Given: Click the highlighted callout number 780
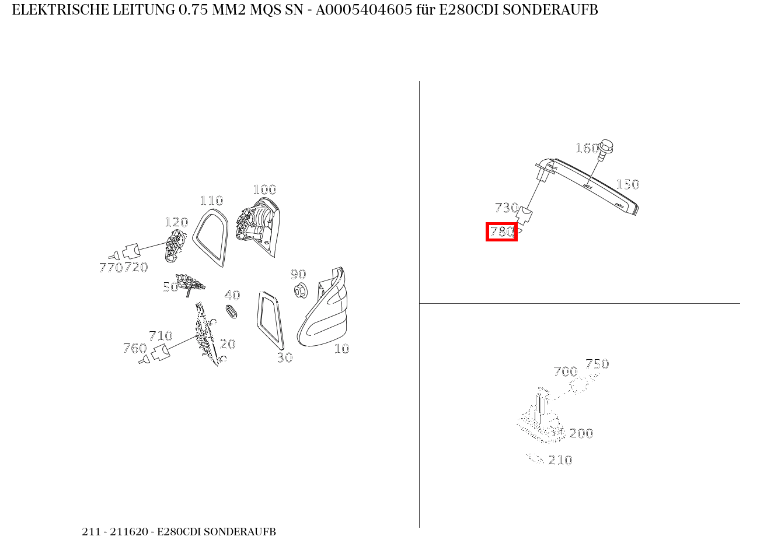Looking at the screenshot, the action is tap(501, 232).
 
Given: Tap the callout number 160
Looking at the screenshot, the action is tap(587, 148).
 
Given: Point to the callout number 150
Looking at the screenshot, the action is tap(627, 184).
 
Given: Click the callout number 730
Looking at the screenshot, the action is tap(507, 208).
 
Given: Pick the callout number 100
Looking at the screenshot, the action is tap(264, 190).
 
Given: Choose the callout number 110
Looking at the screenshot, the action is tap(211, 201).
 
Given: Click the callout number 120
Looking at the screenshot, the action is tap(176, 222).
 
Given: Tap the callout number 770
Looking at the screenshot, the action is tap(111, 268).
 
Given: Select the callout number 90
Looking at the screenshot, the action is tap(298, 274).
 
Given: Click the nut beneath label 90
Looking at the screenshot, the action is tap(301, 290).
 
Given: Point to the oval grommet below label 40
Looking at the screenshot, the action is tap(231, 311).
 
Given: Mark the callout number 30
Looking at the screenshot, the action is tap(285, 358).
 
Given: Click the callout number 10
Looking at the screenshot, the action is tap(341, 349).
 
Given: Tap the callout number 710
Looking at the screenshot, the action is tap(161, 336).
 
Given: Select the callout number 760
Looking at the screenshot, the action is tap(135, 348).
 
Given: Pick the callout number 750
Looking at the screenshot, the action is tap(597, 364).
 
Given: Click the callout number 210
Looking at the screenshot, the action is tap(560, 460).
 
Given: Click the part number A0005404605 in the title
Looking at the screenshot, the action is tap(364, 10).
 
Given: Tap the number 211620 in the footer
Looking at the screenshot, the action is tap(129, 532).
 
